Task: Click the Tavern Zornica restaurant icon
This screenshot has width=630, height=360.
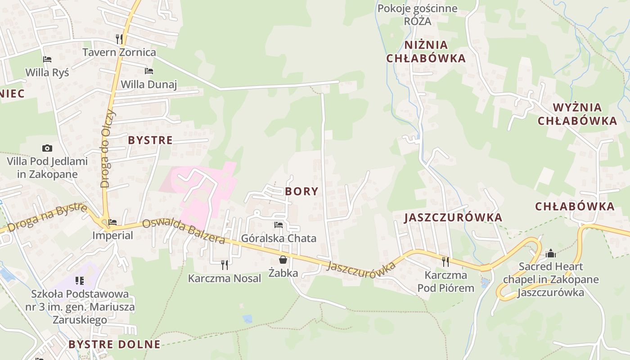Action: [119, 39]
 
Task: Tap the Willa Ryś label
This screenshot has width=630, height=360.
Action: [47, 72]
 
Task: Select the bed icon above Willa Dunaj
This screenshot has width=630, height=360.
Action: [149, 71]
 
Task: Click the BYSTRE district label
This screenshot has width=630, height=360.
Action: [150, 140]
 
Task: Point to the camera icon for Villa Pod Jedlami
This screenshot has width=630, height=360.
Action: [47, 148]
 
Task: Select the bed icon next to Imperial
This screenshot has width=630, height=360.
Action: [112, 222]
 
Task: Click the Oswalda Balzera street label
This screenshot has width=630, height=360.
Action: [184, 231]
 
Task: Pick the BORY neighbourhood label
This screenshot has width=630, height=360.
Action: [301, 191]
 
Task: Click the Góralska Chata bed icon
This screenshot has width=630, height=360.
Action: [279, 225]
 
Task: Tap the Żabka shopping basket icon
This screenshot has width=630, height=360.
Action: [283, 260]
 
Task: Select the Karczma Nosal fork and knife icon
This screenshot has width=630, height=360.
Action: [224, 265]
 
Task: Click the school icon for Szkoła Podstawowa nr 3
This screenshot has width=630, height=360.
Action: [80, 281]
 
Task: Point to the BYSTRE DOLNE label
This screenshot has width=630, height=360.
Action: [114, 344]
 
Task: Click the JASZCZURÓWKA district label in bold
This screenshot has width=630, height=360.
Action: [453, 217]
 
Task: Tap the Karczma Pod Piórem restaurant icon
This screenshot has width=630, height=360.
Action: [445, 261]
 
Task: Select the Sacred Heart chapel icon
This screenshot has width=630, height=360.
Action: [551, 253]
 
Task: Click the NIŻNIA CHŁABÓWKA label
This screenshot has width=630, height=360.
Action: [426, 51]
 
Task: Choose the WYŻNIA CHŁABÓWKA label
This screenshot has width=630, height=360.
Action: [577, 114]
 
